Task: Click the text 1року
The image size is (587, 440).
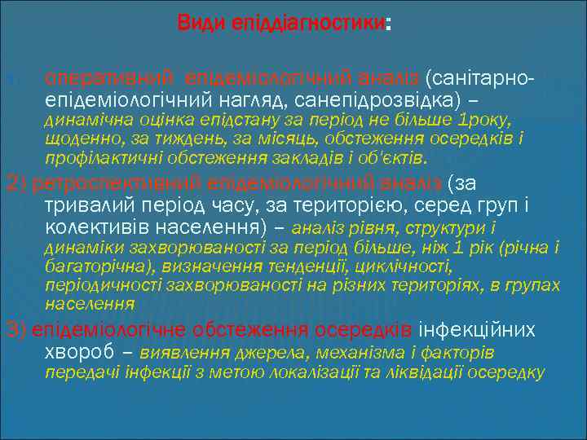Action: (484, 121)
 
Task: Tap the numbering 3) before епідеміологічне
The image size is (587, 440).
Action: (15, 329)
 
